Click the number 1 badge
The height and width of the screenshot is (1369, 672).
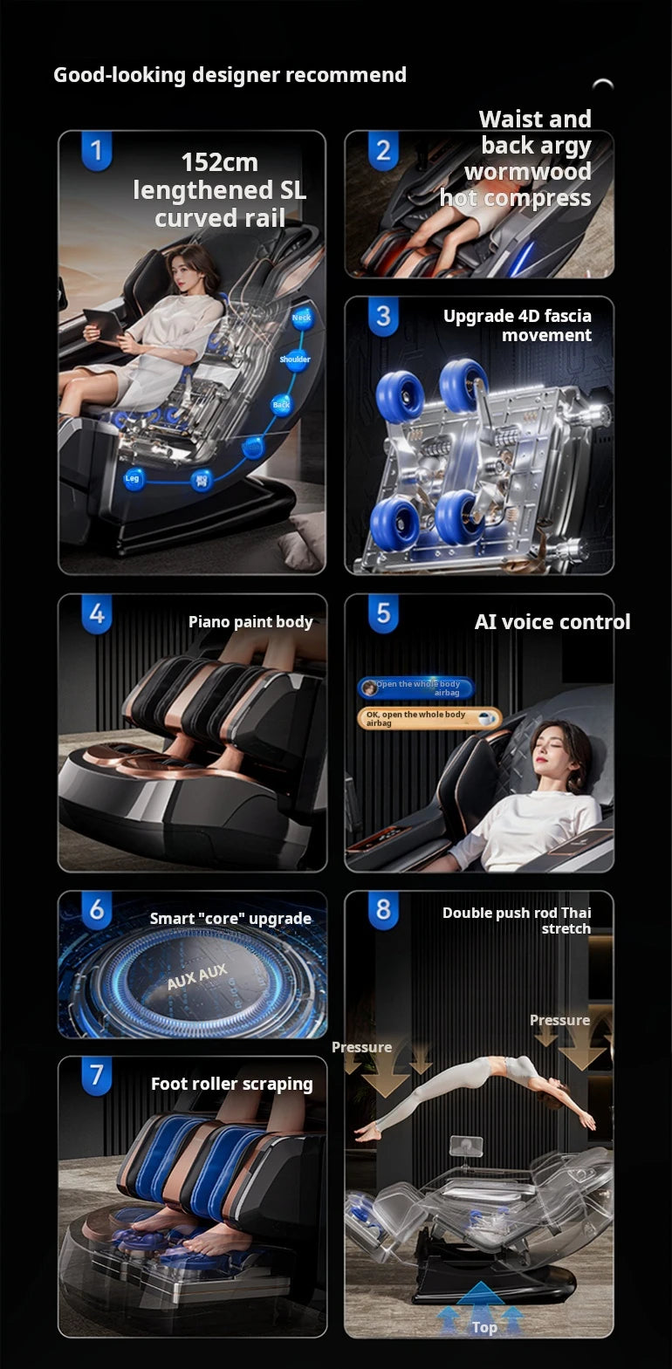click(x=96, y=151)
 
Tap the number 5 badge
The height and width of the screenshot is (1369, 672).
click(x=382, y=613)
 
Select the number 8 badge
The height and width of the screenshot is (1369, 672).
click(x=382, y=910)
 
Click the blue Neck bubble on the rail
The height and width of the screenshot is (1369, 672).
click(x=301, y=318)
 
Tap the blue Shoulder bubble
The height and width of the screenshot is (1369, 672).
click(x=295, y=359)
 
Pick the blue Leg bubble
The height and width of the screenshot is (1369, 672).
click(x=133, y=478)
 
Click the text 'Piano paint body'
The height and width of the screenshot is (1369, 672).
click(x=250, y=622)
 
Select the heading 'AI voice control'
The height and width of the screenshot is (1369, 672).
click(x=552, y=622)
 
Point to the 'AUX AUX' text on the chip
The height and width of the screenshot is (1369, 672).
click(x=197, y=976)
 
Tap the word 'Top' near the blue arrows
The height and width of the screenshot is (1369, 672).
click(x=484, y=1327)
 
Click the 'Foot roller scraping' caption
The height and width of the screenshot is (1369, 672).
click(x=231, y=1084)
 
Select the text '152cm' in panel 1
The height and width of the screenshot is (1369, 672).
click(x=219, y=163)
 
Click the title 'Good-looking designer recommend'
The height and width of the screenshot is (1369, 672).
click(x=230, y=75)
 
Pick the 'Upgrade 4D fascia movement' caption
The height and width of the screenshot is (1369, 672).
click(x=517, y=325)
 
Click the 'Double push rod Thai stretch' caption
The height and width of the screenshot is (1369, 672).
click(x=517, y=921)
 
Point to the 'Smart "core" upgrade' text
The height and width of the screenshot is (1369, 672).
click(x=230, y=919)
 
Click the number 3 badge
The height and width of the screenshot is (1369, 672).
click(x=382, y=317)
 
